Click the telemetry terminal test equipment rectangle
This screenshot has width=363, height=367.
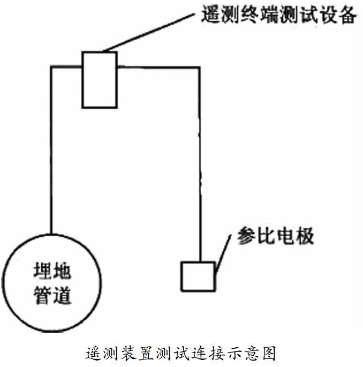click(99, 79)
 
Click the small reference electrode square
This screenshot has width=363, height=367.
click(198, 276)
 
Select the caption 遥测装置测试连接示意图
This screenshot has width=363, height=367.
click(181, 354)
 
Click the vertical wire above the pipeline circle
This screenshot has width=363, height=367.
click(51, 150)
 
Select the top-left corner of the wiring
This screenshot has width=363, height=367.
click(51, 68)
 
